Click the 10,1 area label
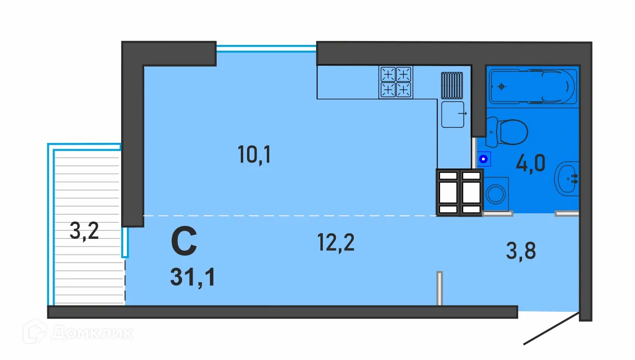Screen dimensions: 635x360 click(254, 154)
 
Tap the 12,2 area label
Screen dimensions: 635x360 click(336, 242)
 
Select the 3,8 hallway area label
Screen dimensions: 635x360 click(521, 250)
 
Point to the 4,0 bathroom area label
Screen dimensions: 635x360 click(531, 163)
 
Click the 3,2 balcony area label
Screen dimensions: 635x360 click(84, 231)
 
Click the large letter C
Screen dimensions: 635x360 click(184, 241)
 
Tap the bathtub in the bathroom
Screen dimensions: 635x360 click(533, 86)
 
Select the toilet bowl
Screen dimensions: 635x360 click(507, 132)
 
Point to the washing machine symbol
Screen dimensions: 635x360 click(496, 194)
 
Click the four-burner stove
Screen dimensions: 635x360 click(396, 82)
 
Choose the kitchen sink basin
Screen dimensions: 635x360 click(453, 114)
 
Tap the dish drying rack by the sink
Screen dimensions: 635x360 click(452, 85)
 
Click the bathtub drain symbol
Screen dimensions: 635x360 click(501, 86)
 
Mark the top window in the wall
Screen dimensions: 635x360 click(266, 49)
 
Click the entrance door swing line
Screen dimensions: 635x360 click(551, 328)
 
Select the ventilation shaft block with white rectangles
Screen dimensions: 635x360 click(459, 193)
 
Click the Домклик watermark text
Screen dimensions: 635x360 click(92, 332)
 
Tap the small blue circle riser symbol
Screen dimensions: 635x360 click(483, 159)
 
